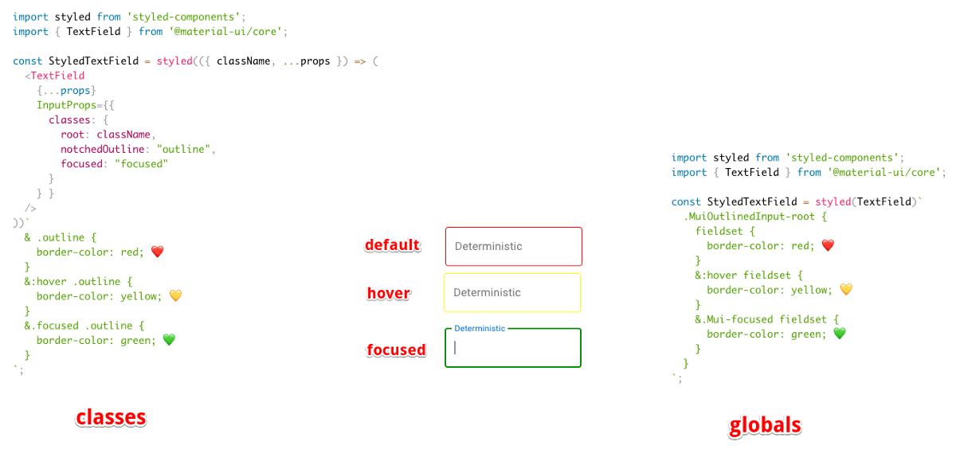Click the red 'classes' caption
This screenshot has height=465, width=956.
click(111, 417)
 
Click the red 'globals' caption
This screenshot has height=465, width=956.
click(765, 426)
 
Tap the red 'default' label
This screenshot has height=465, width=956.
click(393, 245)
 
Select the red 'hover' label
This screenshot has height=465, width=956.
click(389, 294)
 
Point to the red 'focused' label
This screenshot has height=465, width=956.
click(396, 350)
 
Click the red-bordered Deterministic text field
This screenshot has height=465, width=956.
click(514, 246)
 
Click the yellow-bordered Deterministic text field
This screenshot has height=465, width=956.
click(512, 292)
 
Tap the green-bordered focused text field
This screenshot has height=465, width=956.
click(514, 349)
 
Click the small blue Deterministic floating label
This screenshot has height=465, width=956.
click(480, 328)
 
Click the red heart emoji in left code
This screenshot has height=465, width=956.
click(157, 252)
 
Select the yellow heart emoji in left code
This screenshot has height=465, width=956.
click(175, 296)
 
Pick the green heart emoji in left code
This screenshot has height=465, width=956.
click(168, 340)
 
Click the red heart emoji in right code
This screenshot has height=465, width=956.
click(827, 246)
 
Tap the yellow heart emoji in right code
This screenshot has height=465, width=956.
click(845, 290)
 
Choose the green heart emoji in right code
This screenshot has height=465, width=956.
click(839, 334)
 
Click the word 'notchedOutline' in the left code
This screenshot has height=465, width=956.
click(103, 149)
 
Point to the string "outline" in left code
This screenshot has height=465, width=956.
click(186, 149)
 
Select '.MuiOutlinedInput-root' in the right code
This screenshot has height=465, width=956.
click(749, 217)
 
